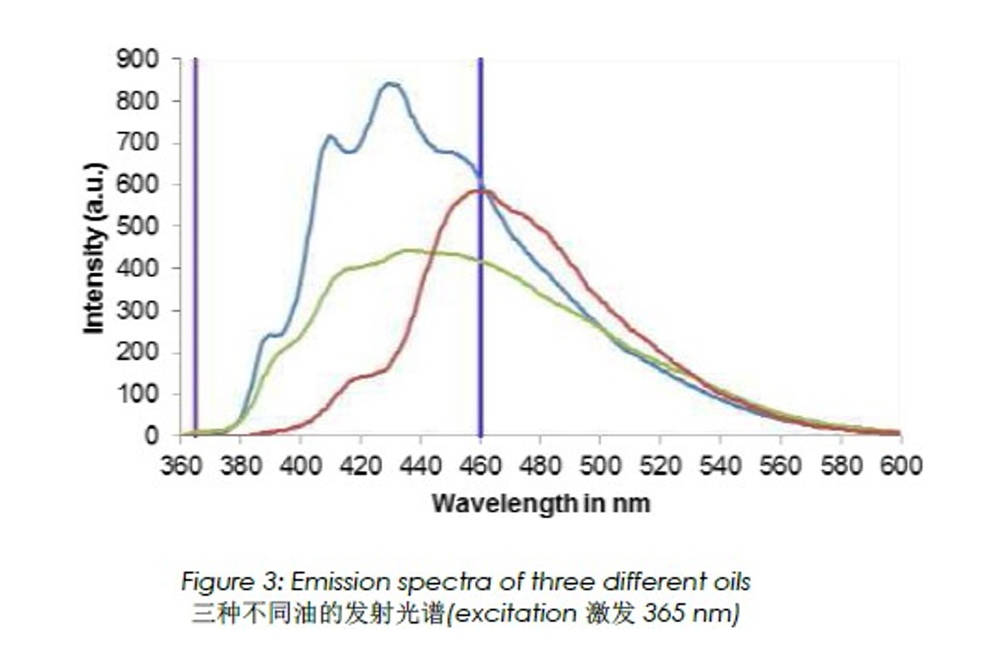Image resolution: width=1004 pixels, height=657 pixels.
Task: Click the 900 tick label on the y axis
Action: coord(137,59)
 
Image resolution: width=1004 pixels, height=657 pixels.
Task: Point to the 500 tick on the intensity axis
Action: coord(137,226)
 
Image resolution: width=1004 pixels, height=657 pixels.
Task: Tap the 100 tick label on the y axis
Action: coord(137,394)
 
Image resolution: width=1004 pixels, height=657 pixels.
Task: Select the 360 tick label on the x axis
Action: coord(179,465)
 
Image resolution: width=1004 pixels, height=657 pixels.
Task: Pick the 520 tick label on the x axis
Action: coord(660,465)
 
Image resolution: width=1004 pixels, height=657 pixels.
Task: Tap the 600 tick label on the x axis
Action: coord(900,465)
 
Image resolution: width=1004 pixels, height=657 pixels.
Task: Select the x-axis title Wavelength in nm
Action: coord(541,504)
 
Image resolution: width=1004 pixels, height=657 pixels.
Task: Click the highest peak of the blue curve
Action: coord(391,84)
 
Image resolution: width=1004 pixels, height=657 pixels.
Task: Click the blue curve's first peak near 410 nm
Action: coord(330,137)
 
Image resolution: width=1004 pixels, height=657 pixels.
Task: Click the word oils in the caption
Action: coord(730,583)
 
